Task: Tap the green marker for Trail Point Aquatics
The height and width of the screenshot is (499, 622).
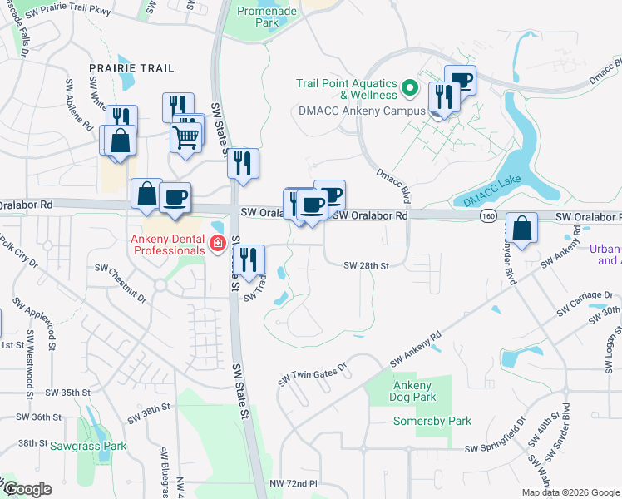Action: pos(409,87)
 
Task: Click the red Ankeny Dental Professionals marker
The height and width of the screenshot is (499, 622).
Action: pos(217,244)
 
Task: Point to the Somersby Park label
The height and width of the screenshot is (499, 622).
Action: pos(432,422)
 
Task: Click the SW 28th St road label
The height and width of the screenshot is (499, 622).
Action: pos(368,265)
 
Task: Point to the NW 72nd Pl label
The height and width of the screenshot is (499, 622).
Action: pos(293,483)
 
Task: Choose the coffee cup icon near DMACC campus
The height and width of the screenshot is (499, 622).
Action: pos(460,82)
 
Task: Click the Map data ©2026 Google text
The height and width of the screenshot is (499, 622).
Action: pos(570,492)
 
